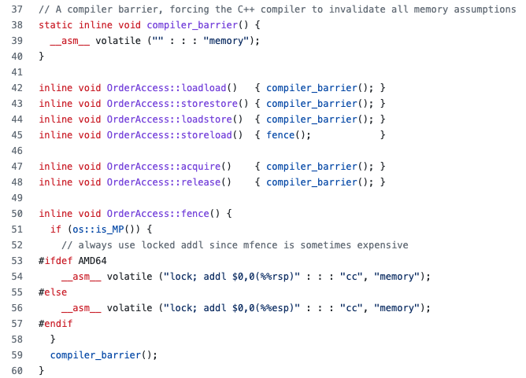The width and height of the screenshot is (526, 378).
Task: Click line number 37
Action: point(17,9)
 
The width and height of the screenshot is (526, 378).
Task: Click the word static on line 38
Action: point(55,24)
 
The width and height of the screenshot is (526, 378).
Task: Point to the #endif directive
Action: point(55,323)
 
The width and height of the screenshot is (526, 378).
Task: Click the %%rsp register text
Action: point(269,276)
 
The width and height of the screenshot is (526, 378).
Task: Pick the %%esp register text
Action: point(269,307)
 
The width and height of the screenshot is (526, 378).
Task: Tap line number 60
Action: point(17,370)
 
